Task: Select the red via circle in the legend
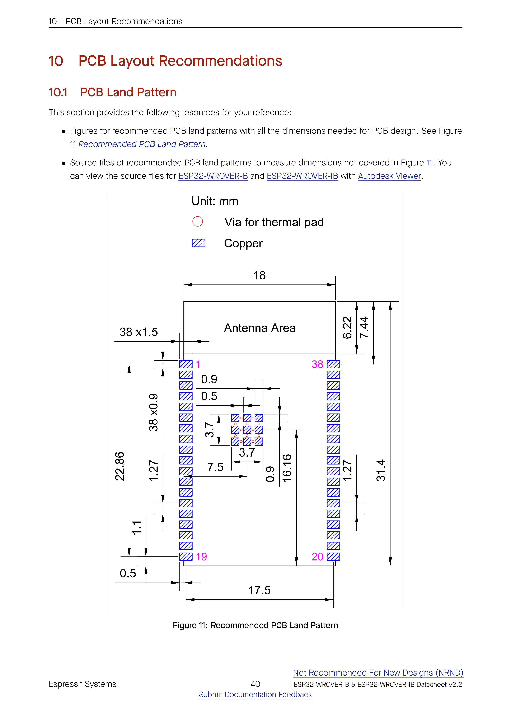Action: point(198,221)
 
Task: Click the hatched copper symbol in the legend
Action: point(199,243)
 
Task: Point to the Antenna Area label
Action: point(260,328)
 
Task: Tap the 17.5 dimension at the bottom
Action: point(260,590)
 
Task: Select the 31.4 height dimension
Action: point(381,471)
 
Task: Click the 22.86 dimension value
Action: point(120,466)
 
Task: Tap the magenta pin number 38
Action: point(317,364)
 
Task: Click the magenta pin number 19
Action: point(201,557)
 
